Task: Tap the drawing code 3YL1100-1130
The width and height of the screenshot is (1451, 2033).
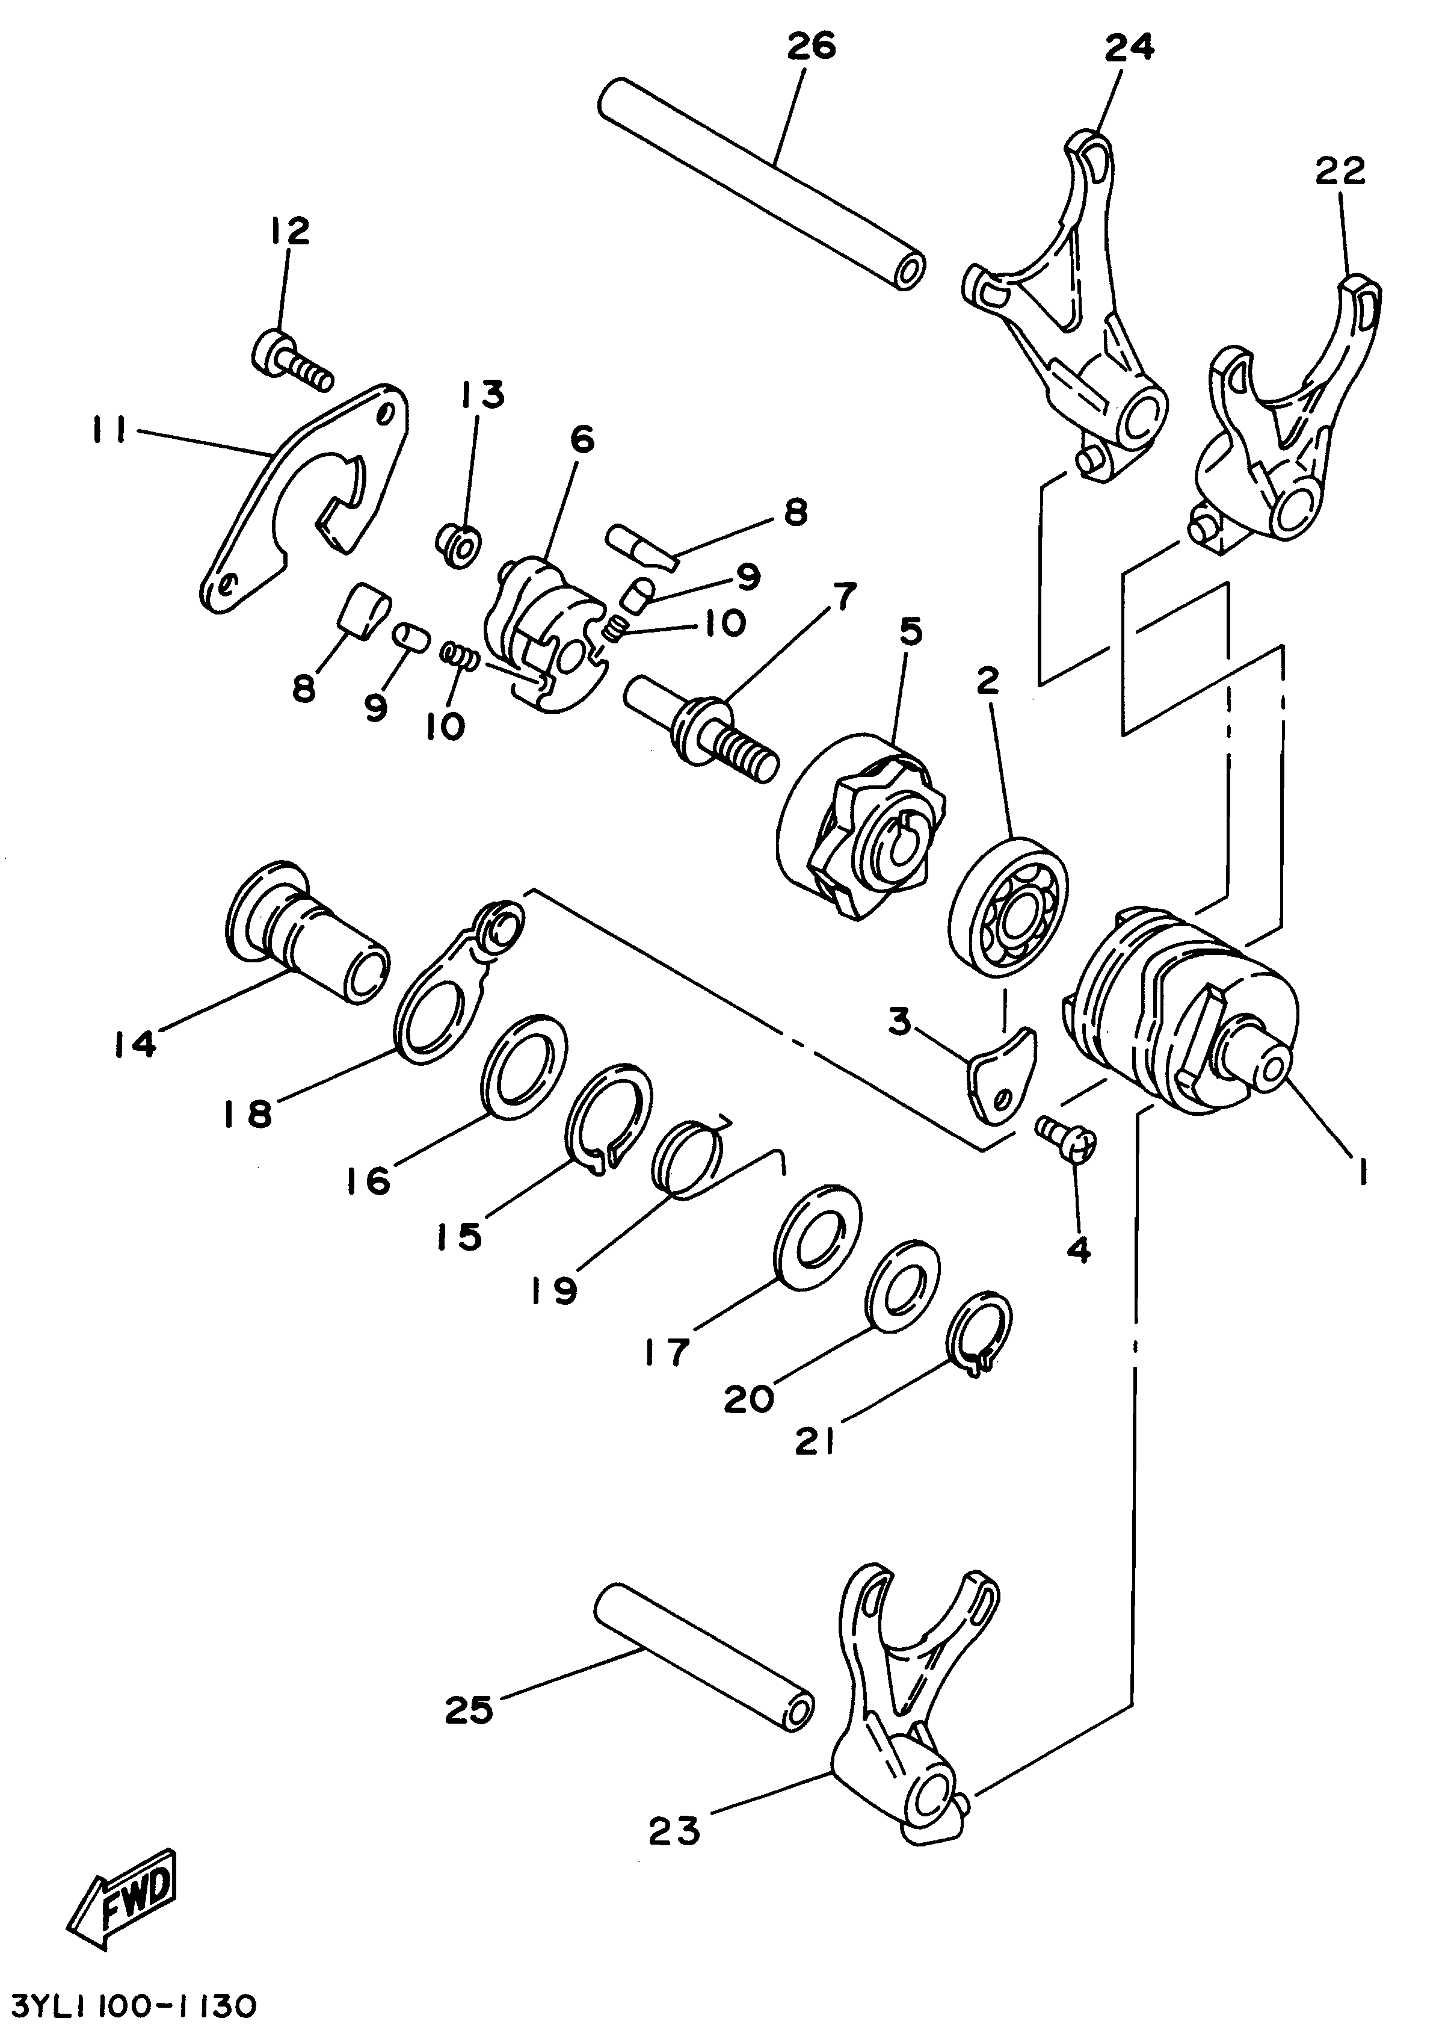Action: coord(134,2004)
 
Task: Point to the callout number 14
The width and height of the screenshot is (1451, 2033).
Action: coord(136,1044)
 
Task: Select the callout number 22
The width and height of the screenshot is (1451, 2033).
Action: coord(1339,170)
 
